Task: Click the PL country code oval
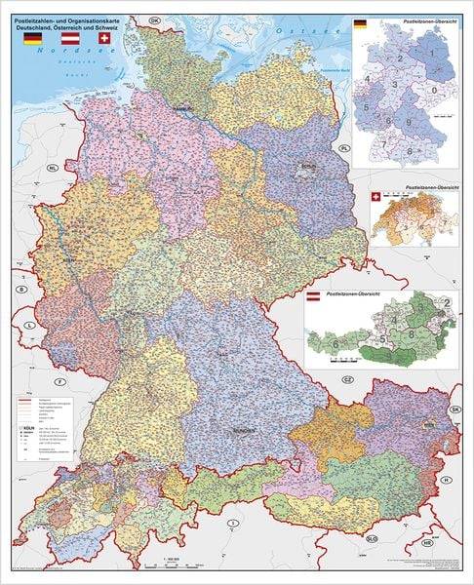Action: tap(344, 147)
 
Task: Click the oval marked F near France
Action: tap(60, 380)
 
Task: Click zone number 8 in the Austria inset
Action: tap(411, 333)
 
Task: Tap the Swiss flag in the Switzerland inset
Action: tap(376, 197)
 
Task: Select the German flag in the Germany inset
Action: tap(361, 24)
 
